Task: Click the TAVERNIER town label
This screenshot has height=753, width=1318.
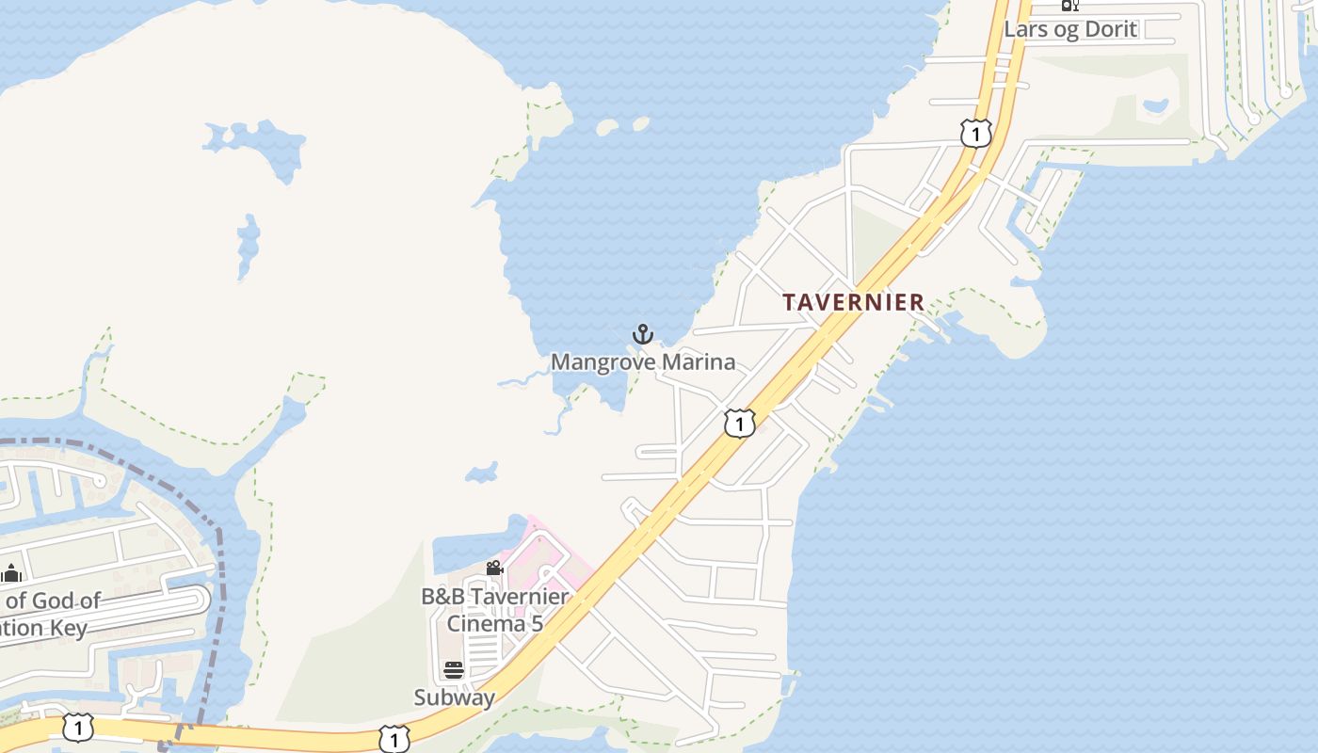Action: pos(854,302)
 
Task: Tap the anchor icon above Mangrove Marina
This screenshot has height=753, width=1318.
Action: pos(642,334)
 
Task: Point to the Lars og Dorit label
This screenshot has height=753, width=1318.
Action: pos(1070,28)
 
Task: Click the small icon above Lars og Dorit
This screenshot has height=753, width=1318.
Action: pos(1069,5)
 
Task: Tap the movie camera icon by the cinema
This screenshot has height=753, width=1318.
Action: pos(494,569)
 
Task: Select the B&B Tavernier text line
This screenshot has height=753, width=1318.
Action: pos(494,597)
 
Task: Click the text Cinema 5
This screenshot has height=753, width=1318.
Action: pos(494,623)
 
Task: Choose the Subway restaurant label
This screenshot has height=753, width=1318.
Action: pos(454,697)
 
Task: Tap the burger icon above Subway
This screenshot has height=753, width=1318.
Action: pos(454,670)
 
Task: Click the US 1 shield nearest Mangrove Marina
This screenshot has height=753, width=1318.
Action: pos(740,424)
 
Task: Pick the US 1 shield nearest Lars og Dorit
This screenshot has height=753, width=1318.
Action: pos(976,134)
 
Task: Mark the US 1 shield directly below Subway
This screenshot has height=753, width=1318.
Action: pos(394,740)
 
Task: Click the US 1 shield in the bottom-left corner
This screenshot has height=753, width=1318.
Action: pos(78,728)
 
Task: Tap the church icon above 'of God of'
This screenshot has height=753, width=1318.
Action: pos(11,573)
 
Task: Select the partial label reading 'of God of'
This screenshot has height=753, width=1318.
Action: pos(53,601)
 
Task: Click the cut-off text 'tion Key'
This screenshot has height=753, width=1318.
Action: pos(43,628)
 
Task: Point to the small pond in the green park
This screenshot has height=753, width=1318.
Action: pos(1155,106)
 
